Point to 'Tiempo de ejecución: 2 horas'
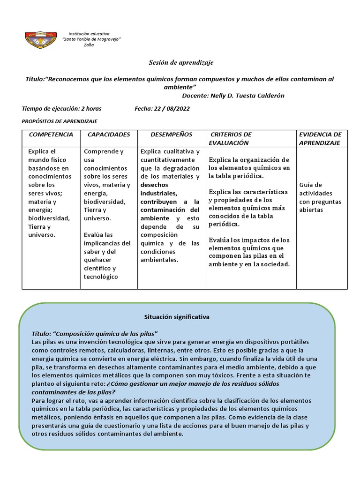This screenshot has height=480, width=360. point(62,108)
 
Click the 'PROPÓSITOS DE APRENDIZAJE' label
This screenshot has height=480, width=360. point(60,121)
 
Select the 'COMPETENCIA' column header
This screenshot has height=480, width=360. point(51,135)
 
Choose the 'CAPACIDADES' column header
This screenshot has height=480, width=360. point(109,135)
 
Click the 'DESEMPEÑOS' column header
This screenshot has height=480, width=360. point(171,135)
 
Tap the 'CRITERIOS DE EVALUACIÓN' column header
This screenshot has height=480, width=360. point(230,138)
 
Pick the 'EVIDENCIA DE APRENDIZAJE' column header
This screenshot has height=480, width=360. point(321,138)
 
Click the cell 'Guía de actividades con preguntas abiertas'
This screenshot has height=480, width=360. point(320,197)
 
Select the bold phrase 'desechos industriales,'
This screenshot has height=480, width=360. point(159,189)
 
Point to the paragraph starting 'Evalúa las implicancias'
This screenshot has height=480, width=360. point(107,255)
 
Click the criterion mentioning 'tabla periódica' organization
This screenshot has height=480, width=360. point(249,168)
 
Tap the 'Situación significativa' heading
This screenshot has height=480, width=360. point(177,317)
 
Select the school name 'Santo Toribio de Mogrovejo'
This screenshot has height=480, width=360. point(92,39)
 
